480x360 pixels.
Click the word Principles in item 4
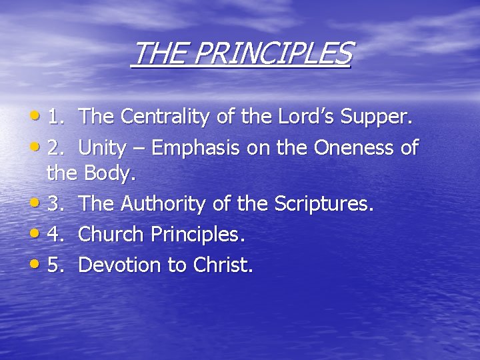coord(198,235)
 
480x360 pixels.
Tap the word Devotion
coord(120,265)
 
